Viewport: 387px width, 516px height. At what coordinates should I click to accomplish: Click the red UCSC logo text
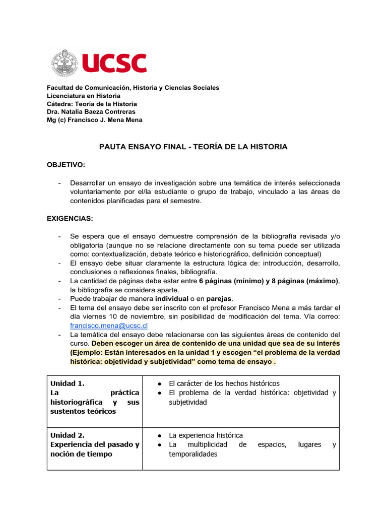tap(114, 63)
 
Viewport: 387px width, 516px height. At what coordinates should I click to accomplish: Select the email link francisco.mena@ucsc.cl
tap(109, 326)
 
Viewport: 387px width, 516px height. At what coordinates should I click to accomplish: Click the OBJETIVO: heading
tap(66, 165)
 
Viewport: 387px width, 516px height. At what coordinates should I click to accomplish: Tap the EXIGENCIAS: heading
tap(70, 219)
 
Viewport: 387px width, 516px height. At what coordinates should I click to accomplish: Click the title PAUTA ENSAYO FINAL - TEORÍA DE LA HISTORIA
tap(193, 147)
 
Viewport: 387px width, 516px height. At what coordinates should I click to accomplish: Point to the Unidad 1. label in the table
tap(68, 383)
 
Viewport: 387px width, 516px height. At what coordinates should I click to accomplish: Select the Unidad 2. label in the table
tap(68, 435)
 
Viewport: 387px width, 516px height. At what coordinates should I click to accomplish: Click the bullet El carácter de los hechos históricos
tap(224, 383)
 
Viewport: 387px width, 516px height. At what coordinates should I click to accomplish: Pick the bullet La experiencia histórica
tap(206, 435)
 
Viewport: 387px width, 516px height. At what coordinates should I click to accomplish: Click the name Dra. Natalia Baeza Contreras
tap(91, 111)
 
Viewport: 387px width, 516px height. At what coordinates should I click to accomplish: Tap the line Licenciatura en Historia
tap(84, 95)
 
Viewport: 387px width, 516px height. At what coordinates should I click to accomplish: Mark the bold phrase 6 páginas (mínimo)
tap(231, 281)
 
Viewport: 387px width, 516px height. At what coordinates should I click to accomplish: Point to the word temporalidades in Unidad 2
tap(193, 454)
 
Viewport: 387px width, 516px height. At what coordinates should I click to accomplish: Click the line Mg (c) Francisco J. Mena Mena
tap(95, 119)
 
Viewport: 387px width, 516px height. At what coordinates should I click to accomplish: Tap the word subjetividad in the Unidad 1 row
tap(188, 402)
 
